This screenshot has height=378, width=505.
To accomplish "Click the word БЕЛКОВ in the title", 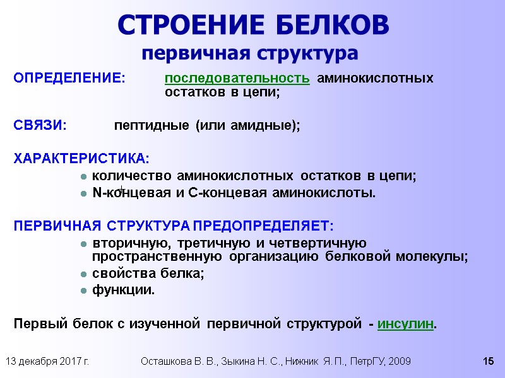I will [x=330, y=25].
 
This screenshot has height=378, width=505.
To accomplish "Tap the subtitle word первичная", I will [x=194, y=52].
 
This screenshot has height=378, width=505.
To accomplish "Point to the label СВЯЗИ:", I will [x=40, y=125].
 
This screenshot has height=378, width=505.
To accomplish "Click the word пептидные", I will [x=151, y=125].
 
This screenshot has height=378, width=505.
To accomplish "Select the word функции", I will [x=123, y=290].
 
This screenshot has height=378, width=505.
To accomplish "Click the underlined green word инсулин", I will [x=406, y=324].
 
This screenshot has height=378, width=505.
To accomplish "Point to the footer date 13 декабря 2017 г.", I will [x=47, y=362].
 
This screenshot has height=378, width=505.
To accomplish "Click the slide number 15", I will [x=487, y=362].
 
